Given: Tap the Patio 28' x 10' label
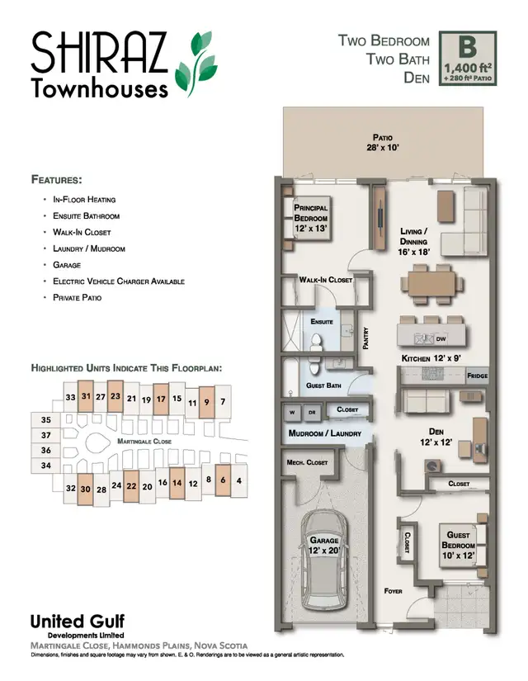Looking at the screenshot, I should pyautogui.click(x=381, y=142).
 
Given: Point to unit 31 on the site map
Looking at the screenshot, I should pyautogui.click(x=85, y=397).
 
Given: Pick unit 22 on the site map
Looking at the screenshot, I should pyautogui.click(x=130, y=486).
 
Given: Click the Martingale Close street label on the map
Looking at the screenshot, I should pyautogui.click(x=144, y=442).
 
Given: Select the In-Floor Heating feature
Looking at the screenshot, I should pyautogui.click(x=84, y=200).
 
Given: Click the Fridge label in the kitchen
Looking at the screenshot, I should pyautogui.click(x=477, y=376).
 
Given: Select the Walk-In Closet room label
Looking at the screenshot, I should pyautogui.click(x=326, y=281).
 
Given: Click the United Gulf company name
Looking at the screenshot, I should pyautogui.click(x=78, y=622).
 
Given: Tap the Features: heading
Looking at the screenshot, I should pyautogui.click(x=57, y=179).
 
